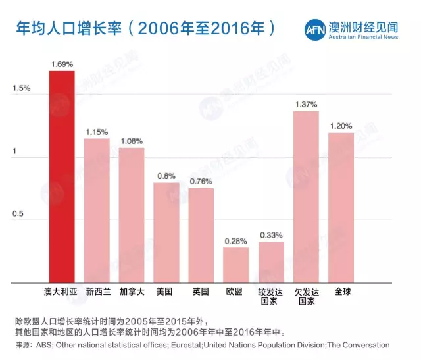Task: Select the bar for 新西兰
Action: tap(97, 211)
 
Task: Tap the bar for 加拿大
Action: tap(132, 215)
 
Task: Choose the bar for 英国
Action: tap(201, 235)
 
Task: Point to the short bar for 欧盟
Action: tap(236, 265)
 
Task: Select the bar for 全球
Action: tap(341, 207)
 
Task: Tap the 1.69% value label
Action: tap(62, 64)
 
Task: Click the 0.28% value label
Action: tap(236, 241)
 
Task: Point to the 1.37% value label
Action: tap(306, 104)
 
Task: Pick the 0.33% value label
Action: tap(271, 235)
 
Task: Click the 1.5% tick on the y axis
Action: tap(21, 88)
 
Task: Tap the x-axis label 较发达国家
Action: tap(271, 296)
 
